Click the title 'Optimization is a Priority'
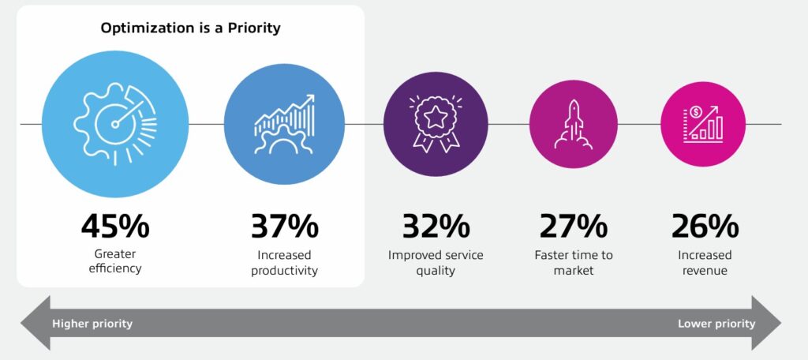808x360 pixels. coord(191,28)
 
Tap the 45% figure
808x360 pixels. coord(115,227)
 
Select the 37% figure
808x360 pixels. coord(284,227)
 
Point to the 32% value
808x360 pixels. coord(436,227)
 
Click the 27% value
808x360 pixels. coord(574,227)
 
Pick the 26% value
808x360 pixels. coord(705,227)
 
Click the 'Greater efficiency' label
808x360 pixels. coord(115,261)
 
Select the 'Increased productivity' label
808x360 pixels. coord(284,263)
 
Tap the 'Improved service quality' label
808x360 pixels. coord(436,263)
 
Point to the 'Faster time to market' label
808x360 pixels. coord(574,263)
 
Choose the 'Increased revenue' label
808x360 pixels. coord(705,263)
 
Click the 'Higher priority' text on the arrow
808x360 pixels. coord(92,324)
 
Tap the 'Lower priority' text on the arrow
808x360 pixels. coord(716,324)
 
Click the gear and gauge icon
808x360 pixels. coord(115,124)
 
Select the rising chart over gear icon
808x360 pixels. coord(284,124)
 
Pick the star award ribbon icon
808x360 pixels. coord(436,124)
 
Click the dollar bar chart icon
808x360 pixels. coord(703,124)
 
